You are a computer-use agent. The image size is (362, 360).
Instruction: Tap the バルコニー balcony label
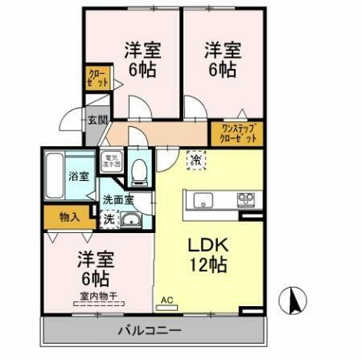click(149, 330)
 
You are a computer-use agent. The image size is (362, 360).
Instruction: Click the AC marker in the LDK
click(167, 301)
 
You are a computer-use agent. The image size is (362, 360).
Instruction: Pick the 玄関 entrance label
click(97, 121)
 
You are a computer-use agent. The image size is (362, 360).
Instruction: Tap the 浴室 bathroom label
click(78, 176)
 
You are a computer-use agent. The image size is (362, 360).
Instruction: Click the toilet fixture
click(139, 170)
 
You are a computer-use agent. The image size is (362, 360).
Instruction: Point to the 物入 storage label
click(70, 216)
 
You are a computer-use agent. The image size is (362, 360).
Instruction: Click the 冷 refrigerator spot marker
click(195, 159)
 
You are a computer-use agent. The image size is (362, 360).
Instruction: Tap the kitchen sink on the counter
click(203, 200)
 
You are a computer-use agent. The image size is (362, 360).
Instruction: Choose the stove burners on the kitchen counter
click(245, 199)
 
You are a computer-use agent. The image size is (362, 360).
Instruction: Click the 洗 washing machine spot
click(107, 218)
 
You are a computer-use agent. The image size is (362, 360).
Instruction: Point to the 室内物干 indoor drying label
click(96, 297)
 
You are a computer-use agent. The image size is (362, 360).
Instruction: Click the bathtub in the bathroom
click(54, 176)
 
